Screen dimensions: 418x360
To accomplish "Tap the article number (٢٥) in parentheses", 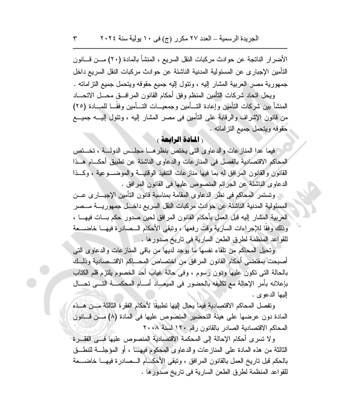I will (81, 107).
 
